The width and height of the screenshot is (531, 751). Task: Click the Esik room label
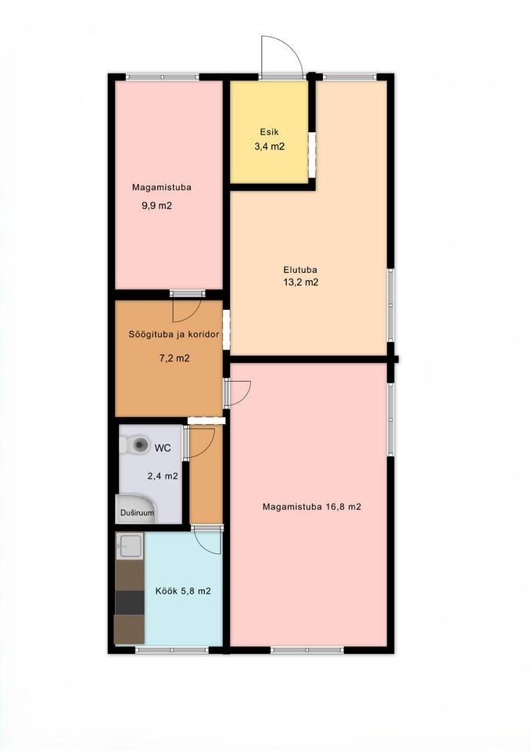click(x=269, y=131)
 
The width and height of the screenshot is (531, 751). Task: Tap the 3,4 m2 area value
click(x=270, y=146)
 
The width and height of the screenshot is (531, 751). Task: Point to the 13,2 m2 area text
click(x=301, y=282)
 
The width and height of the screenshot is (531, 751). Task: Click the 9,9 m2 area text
click(x=156, y=206)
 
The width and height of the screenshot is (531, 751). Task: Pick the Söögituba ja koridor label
click(x=174, y=334)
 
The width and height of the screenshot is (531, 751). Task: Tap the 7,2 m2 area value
click(x=174, y=358)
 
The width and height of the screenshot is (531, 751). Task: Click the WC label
click(x=163, y=448)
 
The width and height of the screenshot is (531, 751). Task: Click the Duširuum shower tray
click(x=135, y=509)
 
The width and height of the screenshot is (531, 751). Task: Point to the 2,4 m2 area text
click(x=163, y=476)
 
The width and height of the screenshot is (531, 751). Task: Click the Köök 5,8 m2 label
click(x=183, y=591)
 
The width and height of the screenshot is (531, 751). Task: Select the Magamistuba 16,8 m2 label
click(x=312, y=507)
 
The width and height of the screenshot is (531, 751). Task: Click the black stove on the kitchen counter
click(x=130, y=602)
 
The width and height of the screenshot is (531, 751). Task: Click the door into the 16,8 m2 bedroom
click(x=239, y=393)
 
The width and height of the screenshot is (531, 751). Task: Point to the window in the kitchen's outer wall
click(x=172, y=650)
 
